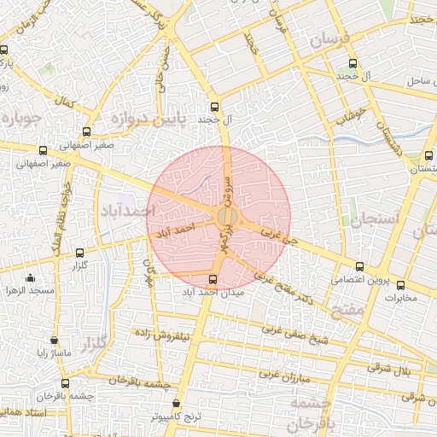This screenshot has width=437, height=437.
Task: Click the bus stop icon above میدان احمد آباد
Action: [213, 278]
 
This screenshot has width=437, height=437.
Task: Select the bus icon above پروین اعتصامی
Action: [359, 267]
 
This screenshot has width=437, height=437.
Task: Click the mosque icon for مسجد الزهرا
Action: [31, 277]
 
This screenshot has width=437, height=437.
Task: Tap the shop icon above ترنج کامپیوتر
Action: [176, 404]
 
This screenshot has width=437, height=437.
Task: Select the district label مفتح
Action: [349, 313]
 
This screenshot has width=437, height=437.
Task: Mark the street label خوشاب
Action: [351, 117]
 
